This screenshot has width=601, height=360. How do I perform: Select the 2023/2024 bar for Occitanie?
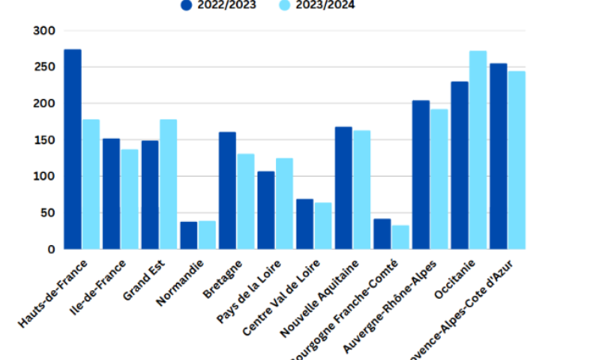tap(478, 150)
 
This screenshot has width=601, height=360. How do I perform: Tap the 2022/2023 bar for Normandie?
tap(189, 235)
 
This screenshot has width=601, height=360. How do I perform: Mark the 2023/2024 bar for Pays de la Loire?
tap(284, 203)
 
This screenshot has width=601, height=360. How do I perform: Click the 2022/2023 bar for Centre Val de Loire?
tap(304, 224)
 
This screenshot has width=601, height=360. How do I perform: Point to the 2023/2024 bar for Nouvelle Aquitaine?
tap(362, 190)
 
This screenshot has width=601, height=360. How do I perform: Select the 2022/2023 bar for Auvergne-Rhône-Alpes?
tap(420, 174)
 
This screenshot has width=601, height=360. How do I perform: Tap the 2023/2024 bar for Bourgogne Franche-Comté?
tap(400, 237)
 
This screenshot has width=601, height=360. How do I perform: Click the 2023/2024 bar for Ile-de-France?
tap(129, 199)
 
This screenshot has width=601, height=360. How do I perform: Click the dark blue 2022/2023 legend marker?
tap(187, 6)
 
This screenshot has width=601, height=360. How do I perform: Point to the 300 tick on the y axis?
tap(44, 31)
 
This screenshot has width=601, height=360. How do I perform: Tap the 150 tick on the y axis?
tap(44, 140)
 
